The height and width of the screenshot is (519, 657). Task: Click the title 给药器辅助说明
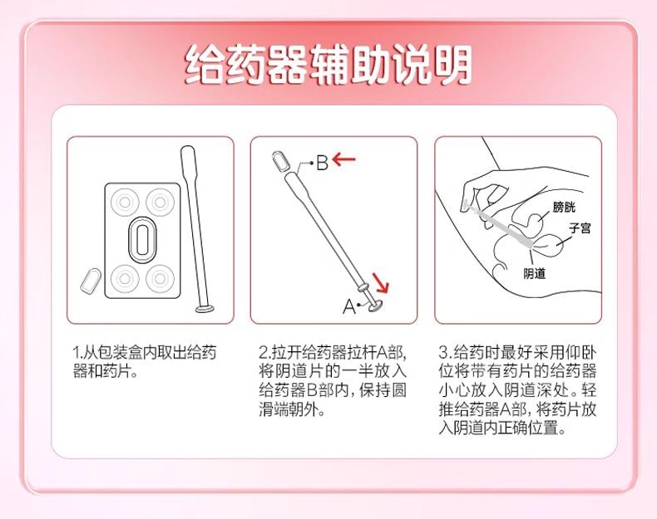pyautogui.click(x=328, y=65)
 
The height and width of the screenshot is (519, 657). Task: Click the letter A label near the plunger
pyautogui.click(x=348, y=306)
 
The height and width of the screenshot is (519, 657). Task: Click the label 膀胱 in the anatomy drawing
pyautogui.click(x=563, y=207)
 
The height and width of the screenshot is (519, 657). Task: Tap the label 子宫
pyautogui.click(x=580, y=228)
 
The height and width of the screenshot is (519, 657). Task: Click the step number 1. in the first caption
pyautogui.click(x=77, y=353)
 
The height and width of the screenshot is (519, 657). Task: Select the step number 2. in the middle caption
pyautogui.click(x=264, y=353)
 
